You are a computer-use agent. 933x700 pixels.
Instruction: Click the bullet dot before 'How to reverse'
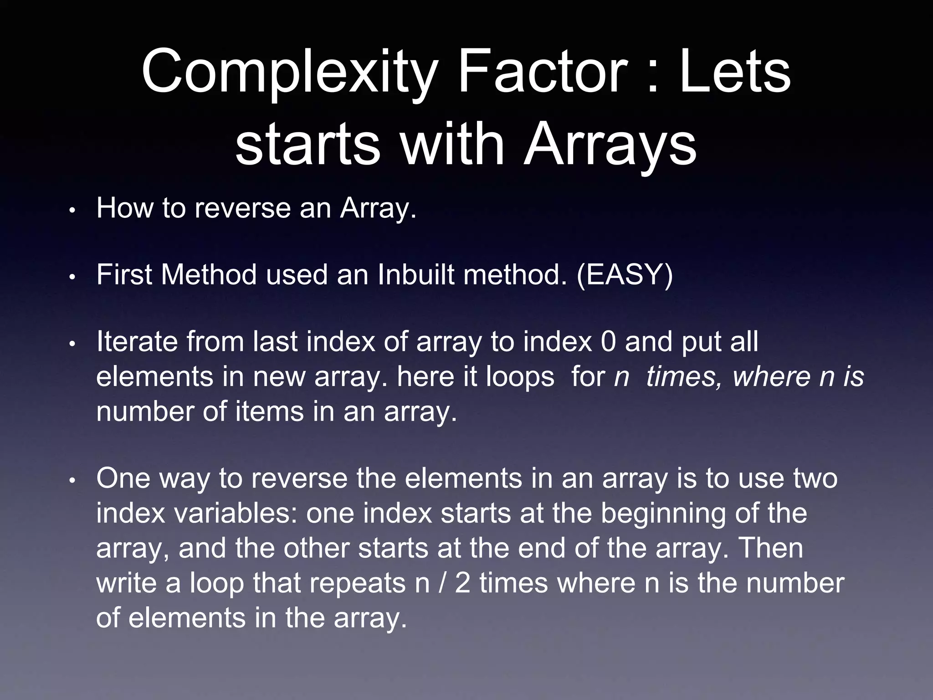pyautogui.click(x=72, y=211)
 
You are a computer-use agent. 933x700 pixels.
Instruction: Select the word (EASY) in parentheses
pyautogui.click(x=625, y=275)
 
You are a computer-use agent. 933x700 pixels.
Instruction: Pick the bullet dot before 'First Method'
pyautogui.click(x=72, y=278)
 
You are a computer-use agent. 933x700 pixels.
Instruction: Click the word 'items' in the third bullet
pyautogui.click(x=270, y=412)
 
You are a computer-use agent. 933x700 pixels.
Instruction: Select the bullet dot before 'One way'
pyautogui.click(x=72, y=481)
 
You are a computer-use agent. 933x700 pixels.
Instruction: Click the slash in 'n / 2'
pyautogui.click(x=442, y=584)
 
